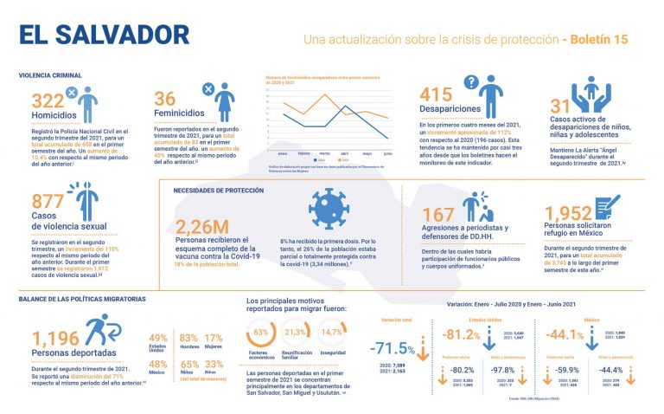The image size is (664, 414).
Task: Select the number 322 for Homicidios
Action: [x=47, y=100]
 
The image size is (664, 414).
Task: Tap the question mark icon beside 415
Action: [x=472, y=82]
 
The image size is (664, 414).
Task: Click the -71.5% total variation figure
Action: [x=393, y=348]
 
